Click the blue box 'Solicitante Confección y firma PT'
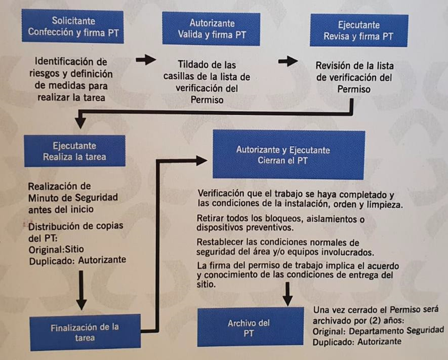[74, 27]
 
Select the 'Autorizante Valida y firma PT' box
[212, 29]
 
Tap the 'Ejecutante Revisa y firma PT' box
[358, 31]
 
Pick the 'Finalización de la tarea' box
[85, 332]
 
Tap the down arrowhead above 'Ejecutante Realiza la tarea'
[80, 122]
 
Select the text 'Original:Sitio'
[55, 249]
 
